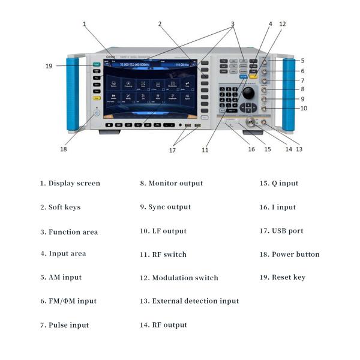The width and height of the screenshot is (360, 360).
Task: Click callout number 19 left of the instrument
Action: pos(49,66)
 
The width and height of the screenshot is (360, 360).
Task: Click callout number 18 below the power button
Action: pos(63,149)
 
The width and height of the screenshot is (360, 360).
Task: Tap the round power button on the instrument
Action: pos(97,112)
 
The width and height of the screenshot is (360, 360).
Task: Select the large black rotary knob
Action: pos(247,94)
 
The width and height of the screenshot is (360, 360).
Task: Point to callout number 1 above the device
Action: pos(85,24)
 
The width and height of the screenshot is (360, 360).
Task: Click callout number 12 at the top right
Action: pos(282,24)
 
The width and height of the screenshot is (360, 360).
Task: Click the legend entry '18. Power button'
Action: pos(289,254)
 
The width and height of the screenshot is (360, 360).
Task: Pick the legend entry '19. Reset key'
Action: pos(282,277)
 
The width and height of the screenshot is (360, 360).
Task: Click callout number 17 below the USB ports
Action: pos(172,150)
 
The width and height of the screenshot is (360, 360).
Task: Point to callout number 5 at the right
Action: pos(303,61)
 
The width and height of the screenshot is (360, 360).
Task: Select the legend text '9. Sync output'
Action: pos(165,207)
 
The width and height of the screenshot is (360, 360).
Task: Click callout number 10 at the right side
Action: pos(304,109)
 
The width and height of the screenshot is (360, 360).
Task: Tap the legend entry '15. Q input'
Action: pos(278,184)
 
